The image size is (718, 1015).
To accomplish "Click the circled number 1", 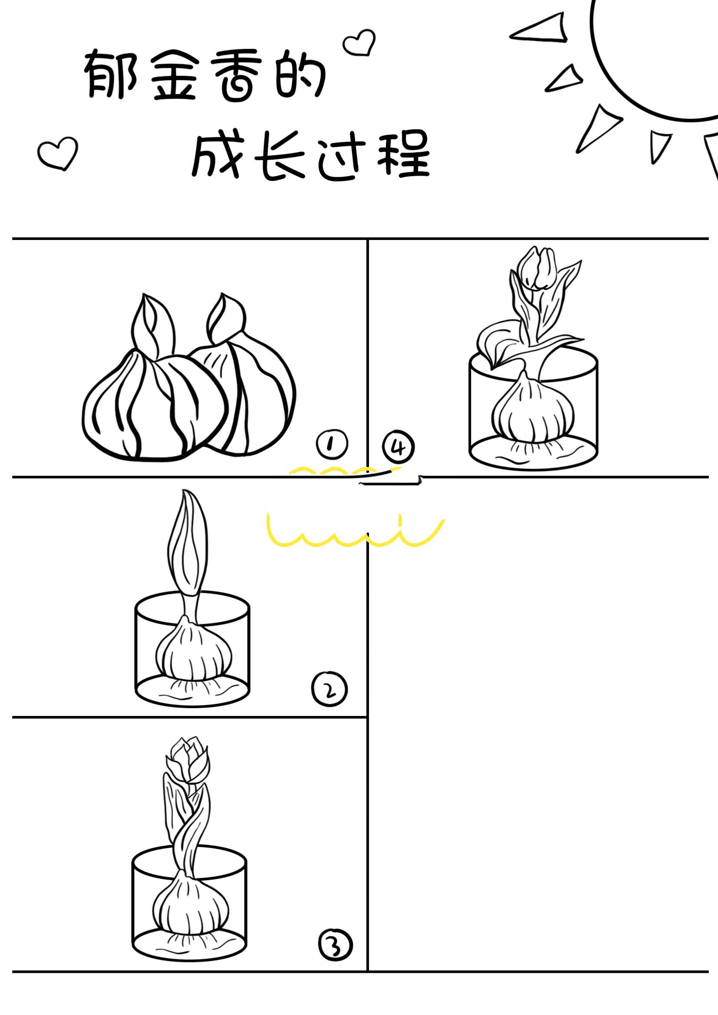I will (x=332, y=444).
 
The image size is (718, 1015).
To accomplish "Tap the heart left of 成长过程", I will (x=58, y=152).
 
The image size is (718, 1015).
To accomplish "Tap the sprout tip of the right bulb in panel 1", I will (x=225, y=318).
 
